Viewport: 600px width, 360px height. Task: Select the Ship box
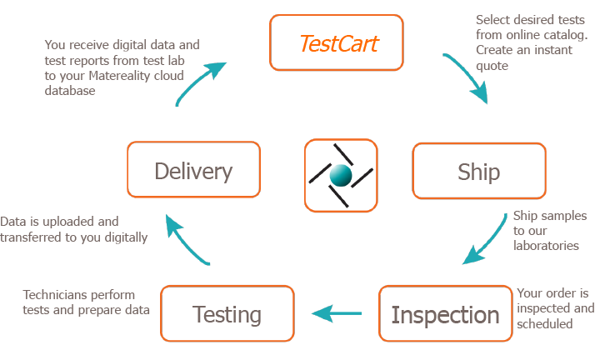[479, 171]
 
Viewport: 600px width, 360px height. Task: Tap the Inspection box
[445, 315]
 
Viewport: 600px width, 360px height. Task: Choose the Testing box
[227, 315]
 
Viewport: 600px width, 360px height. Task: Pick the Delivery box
[193, 171]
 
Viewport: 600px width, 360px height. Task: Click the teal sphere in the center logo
[340, 175]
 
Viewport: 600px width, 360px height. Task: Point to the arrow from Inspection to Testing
[337, 313]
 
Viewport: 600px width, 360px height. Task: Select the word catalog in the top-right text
[567, 34]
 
